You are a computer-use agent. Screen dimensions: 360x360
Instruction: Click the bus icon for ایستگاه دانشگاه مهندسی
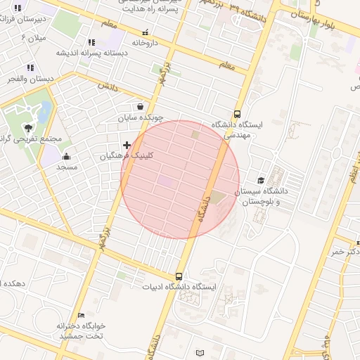click(237, 113)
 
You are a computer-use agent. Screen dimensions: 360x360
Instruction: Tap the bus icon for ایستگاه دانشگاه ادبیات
click(179, 276)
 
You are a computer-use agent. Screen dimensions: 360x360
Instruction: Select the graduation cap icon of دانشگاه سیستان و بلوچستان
click(261, 181)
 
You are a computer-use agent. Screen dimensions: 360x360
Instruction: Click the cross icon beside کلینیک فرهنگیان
click(127, 146)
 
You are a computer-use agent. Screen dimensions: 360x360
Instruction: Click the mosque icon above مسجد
click(66, 156)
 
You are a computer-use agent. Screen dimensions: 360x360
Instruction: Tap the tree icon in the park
click(28, 127)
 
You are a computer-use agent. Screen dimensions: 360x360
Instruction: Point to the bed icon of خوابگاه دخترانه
click(82, 315)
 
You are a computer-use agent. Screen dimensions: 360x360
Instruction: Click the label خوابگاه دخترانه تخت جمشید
click(82, 331)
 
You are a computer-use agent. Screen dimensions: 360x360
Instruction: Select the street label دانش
click(106, 86)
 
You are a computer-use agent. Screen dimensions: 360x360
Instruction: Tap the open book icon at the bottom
click(200, 352)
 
